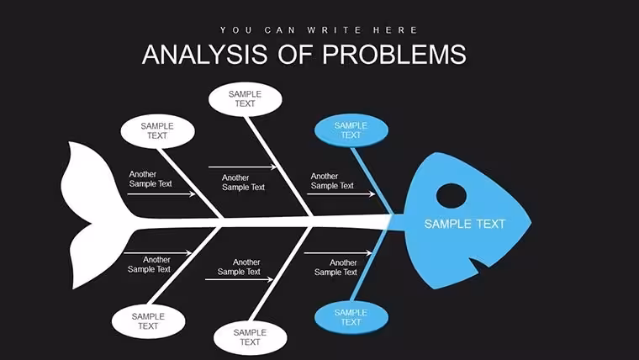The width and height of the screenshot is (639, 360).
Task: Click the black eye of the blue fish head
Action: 452,196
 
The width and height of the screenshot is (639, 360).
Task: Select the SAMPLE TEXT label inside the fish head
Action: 465,224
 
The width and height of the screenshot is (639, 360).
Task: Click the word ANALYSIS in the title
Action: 205,55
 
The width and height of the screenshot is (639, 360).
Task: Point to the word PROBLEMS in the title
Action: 394,55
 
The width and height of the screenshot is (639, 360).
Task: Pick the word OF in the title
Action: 295,55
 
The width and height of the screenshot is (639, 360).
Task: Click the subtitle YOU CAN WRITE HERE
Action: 319,30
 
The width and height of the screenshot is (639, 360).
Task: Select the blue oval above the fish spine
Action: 351,130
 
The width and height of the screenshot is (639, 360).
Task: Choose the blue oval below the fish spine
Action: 351,317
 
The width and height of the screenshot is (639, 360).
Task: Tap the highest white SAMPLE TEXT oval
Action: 245,99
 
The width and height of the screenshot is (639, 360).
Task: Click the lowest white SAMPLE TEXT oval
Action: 250,337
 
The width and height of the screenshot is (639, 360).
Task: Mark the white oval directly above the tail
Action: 157,131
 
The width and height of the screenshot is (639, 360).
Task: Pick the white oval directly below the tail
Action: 148,321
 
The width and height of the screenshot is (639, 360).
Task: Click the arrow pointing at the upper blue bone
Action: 341,194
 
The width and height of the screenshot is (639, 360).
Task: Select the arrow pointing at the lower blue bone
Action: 338,253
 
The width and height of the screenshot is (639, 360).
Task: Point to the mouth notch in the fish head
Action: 481,266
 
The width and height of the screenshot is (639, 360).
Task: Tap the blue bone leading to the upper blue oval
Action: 372,181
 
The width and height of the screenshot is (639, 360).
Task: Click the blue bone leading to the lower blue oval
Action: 369,266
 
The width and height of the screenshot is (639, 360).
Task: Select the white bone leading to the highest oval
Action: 279,167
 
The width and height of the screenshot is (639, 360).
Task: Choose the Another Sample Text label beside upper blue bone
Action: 332,181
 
